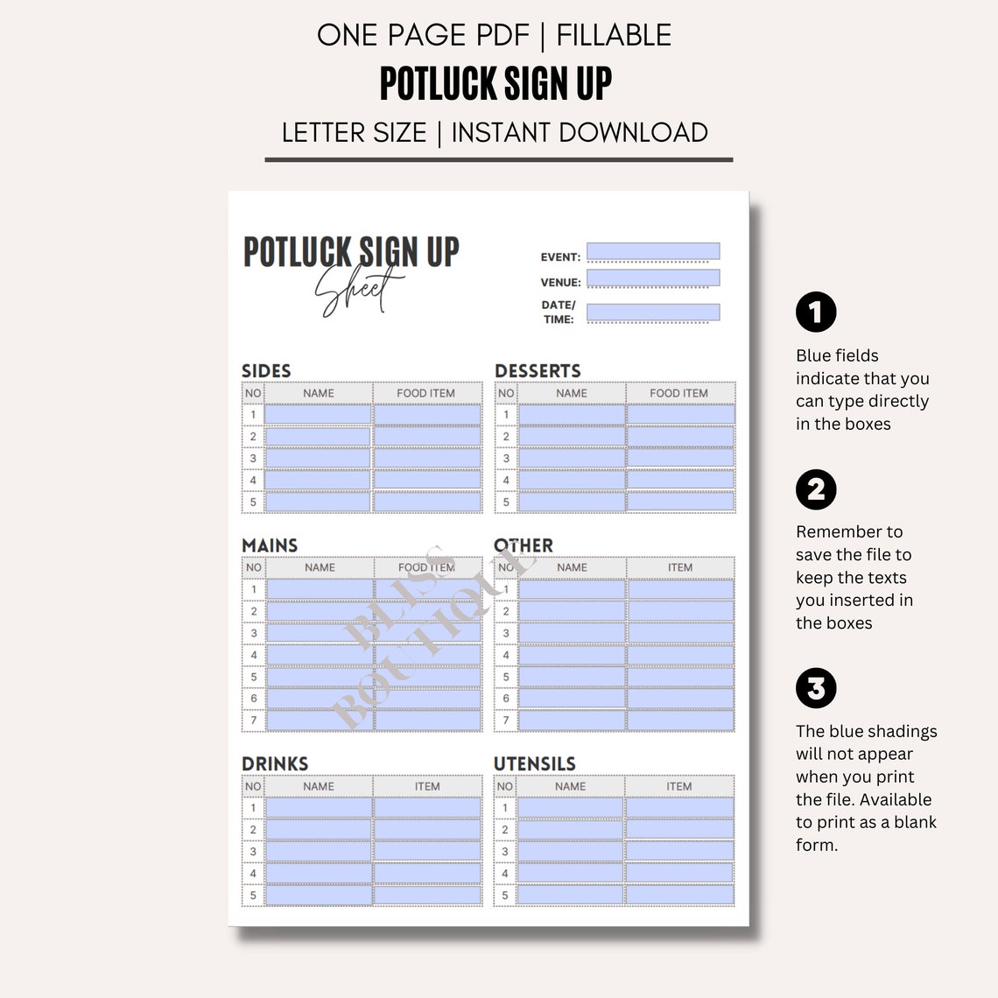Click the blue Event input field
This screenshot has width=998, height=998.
click(653, 251)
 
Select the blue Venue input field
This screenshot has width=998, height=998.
click(653, 278)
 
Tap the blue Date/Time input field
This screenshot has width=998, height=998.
click(653, 312)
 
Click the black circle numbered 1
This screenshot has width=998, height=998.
click(816, 312)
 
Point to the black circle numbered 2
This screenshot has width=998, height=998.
click(816, 489)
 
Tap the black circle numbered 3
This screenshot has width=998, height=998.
click(816, 688)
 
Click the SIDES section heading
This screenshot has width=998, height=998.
click(266, 370)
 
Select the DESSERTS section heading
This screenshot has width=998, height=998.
click(538, 370)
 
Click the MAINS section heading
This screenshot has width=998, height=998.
click(270, 545)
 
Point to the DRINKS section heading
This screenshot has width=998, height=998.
click(275, 763)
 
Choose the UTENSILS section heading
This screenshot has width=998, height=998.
click(535, 763)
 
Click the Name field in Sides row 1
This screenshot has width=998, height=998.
click(318, 414)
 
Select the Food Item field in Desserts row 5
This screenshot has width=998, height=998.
click(680, 502)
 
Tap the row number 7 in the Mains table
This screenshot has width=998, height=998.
click(254, 720)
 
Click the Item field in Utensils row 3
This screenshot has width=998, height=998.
click(679, 850)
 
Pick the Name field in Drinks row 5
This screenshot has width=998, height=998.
click(318, 895)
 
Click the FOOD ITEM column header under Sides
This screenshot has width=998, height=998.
click(425, 393)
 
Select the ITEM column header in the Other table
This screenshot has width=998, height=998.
click(679, 567)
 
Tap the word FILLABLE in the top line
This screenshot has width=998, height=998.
click(614, 35)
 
